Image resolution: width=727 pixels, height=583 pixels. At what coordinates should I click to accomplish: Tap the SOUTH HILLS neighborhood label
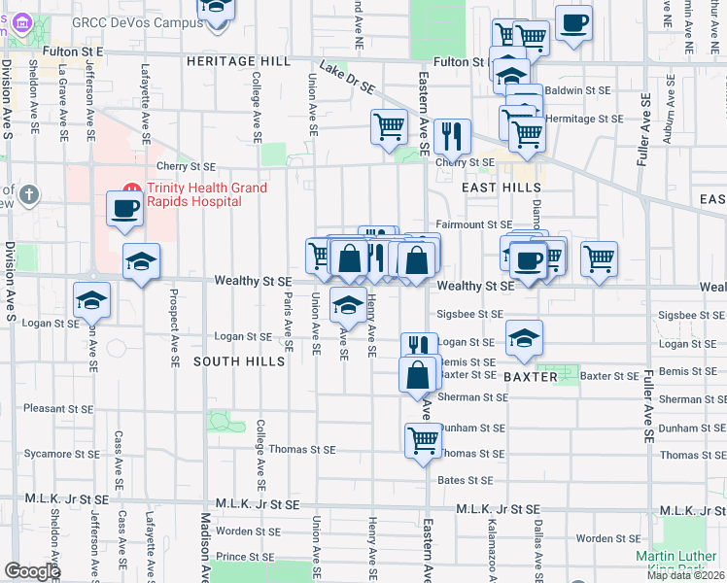pos(228,360)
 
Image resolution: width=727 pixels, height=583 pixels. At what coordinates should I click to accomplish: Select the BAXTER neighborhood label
pos(531,375)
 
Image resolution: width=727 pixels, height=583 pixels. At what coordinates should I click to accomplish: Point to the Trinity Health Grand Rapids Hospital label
pos(193,194)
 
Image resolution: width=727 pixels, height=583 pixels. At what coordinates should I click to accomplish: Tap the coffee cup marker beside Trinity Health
pos(124,209)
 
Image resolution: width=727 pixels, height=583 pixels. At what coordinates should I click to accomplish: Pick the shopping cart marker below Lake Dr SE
pos(389,126)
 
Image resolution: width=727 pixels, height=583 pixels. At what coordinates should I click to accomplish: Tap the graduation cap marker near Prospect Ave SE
pos(142,261)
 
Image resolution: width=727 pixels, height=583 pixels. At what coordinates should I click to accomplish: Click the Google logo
pos(32,571)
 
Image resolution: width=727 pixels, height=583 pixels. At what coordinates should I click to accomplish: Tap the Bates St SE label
pos(465,480)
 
